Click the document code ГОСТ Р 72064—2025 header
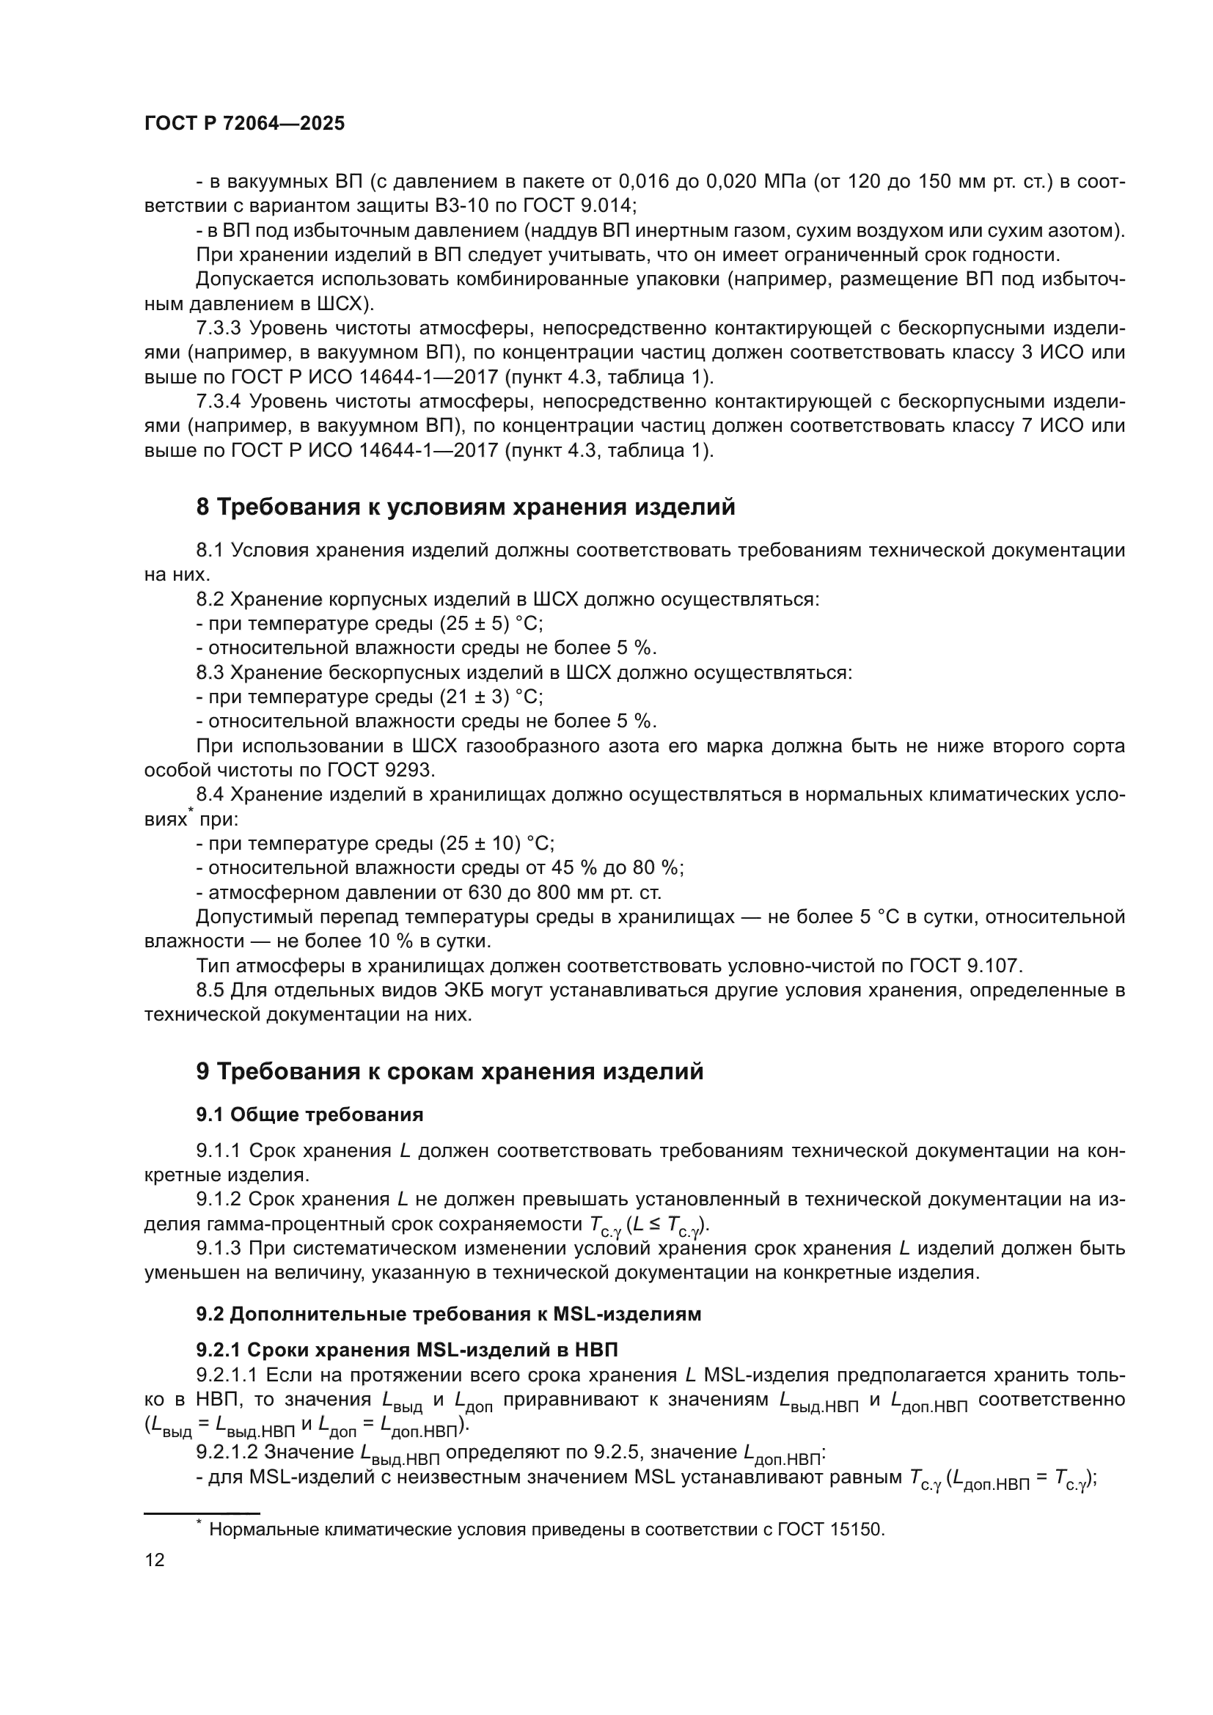pos(244,124)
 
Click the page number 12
pos(155,1560)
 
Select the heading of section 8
pos(466,507)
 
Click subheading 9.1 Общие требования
pos(309,1114)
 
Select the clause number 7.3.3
pos(218,328)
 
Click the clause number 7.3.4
pos(218,401)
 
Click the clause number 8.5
pos(209,991)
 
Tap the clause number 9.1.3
pos(218,1248)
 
